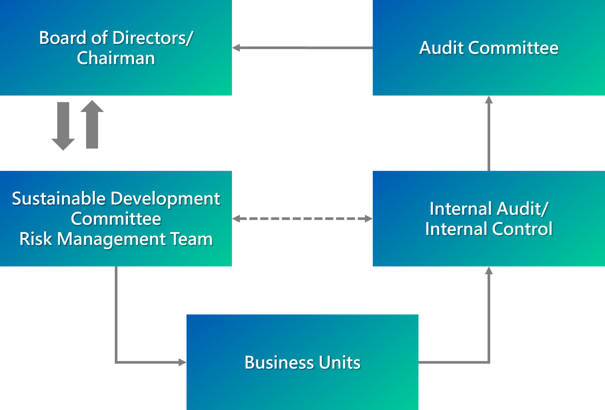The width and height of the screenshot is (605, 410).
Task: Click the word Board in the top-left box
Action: tap(62, 38)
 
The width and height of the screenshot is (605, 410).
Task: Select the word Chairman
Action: tap(116, 58)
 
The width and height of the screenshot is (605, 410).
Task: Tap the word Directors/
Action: tap(153, 38)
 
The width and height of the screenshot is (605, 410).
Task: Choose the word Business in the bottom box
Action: tap(279, 362)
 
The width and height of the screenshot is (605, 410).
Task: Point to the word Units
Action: tap(339, 362)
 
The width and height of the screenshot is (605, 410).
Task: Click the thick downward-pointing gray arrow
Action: tap(63, 126)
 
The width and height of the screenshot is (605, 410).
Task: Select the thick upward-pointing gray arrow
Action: tap(92, 124)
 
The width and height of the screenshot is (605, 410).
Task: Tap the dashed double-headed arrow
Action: tap(302, 219)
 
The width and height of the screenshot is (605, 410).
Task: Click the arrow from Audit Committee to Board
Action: tap(302, 48)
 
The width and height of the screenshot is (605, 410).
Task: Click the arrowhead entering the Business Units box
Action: tap(182, 362)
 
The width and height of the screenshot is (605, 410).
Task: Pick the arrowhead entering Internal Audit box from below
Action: tap(489, 271)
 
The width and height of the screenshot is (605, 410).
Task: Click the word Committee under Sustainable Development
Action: tap(116, 219)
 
